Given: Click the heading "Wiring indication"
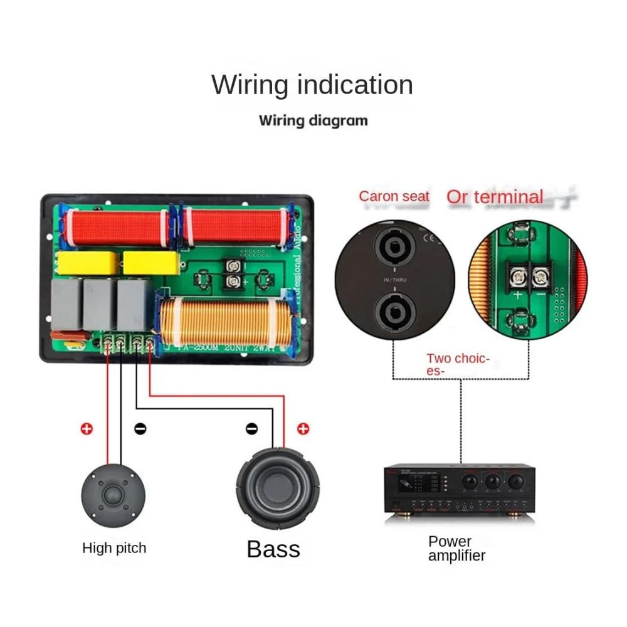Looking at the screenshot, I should pyautogui.click(x=312, y=85).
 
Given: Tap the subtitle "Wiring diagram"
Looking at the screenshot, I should pyautogui.click(x=313, y=120).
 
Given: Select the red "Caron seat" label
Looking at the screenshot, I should pyautogui.click(x=394, y=196).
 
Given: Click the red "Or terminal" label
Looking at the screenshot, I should pyautogui.click(x=495, y=197).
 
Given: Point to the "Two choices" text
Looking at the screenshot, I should pyautogui.click(x=458, y=364).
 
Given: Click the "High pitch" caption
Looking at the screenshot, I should pyautogui.click(x=114, y=548).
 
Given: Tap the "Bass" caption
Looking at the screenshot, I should pyautogui.click(x=273, y=549).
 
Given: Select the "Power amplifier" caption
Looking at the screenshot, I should pyautogui.click(x=456, y=548).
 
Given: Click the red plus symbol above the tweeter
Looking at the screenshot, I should pyautogui.click(x=87, y=429).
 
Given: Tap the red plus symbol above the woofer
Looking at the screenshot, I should pyautogui.click(x=303, y=429).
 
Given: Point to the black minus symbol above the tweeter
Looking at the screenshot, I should pyautogui.click(x=141, y=429).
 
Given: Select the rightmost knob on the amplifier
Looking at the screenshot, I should pyautogui.click(x=515, y=481).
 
